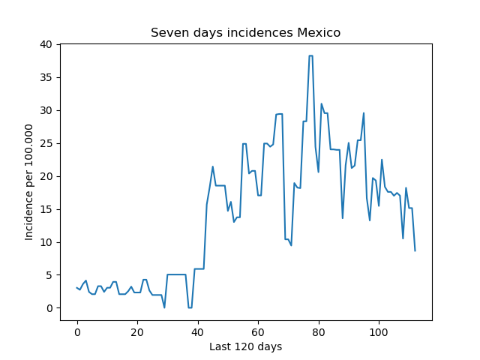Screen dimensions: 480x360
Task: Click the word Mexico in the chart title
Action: coord(319,32)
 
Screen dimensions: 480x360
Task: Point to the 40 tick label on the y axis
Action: coord(46,45)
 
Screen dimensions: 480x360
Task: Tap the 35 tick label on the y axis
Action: coord(46,77)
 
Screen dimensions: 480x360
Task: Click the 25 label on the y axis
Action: coord(46,143)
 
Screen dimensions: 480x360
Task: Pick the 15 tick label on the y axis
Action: coord(46,209)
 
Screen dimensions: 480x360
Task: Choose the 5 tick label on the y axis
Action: coord(49,275)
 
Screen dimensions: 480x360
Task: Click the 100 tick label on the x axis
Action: coord(379,332)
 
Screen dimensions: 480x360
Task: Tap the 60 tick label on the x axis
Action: coord(258,332)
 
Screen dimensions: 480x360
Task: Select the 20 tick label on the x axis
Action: coord(137,332)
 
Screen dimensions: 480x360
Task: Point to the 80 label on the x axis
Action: coord(318,332)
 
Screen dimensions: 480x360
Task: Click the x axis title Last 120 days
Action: coord(245,346)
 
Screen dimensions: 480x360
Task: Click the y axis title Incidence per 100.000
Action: coord(28,182)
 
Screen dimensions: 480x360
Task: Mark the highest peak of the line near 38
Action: coord(310,55)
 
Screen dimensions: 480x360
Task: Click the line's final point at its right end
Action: coord(415,251)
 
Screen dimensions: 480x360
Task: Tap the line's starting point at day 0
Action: coord(77,288)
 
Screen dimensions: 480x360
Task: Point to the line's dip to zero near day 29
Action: coord(164,307)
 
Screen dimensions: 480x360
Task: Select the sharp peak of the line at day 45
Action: coord(213,166)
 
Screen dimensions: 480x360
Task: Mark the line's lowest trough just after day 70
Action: coord(291,245)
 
